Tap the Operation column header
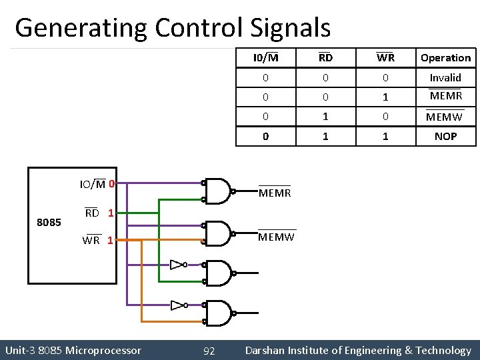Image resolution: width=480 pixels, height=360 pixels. tap(445, 58)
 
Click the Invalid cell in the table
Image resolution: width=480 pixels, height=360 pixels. tap(445, 77)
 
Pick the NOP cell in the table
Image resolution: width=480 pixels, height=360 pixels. tap(445, 136)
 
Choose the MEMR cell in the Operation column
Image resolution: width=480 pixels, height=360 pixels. tap(445, 96)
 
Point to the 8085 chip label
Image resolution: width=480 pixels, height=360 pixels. tap(49, 222)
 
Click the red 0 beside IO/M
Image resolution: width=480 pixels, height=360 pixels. tap(112, 183)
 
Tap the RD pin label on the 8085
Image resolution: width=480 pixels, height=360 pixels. tap(92, 213)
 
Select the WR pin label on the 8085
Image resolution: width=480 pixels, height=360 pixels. tap(91, 240)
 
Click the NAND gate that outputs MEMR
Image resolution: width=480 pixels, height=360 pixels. tap(218, 191)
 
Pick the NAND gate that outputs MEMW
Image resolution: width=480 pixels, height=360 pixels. tap(218, 233)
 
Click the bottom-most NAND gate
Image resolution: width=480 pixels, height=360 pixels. tap(218, 313)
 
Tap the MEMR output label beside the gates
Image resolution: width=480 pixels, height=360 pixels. tap(274, 193)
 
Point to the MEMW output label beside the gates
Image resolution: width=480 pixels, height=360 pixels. tap(276, 237)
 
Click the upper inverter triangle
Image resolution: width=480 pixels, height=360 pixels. tap(177, 265)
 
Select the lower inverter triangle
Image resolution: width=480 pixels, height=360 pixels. tap(177, 305)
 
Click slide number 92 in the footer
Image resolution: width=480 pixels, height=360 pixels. tap(209, 351)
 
